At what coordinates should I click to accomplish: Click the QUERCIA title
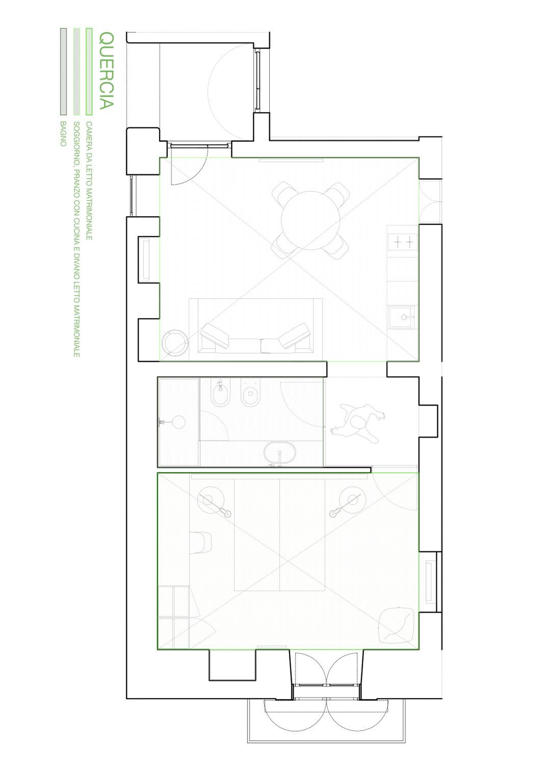pos(107,71)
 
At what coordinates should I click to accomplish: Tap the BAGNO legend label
pos(63,134)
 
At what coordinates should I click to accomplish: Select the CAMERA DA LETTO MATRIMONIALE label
pos(89,181)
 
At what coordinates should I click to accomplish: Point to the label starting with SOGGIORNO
pos(76,239)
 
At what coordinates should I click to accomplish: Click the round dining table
pos(311,220)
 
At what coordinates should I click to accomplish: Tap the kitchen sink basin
pos(403,317)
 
